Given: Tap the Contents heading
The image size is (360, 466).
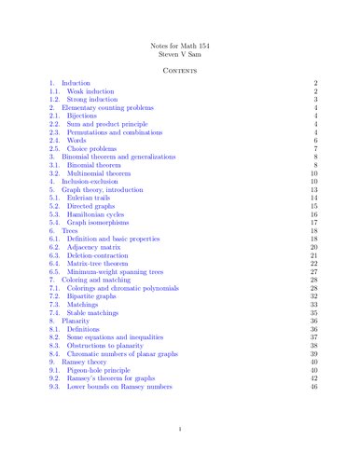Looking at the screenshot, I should (179, 70).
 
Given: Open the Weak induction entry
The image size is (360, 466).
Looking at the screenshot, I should (90, 93).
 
